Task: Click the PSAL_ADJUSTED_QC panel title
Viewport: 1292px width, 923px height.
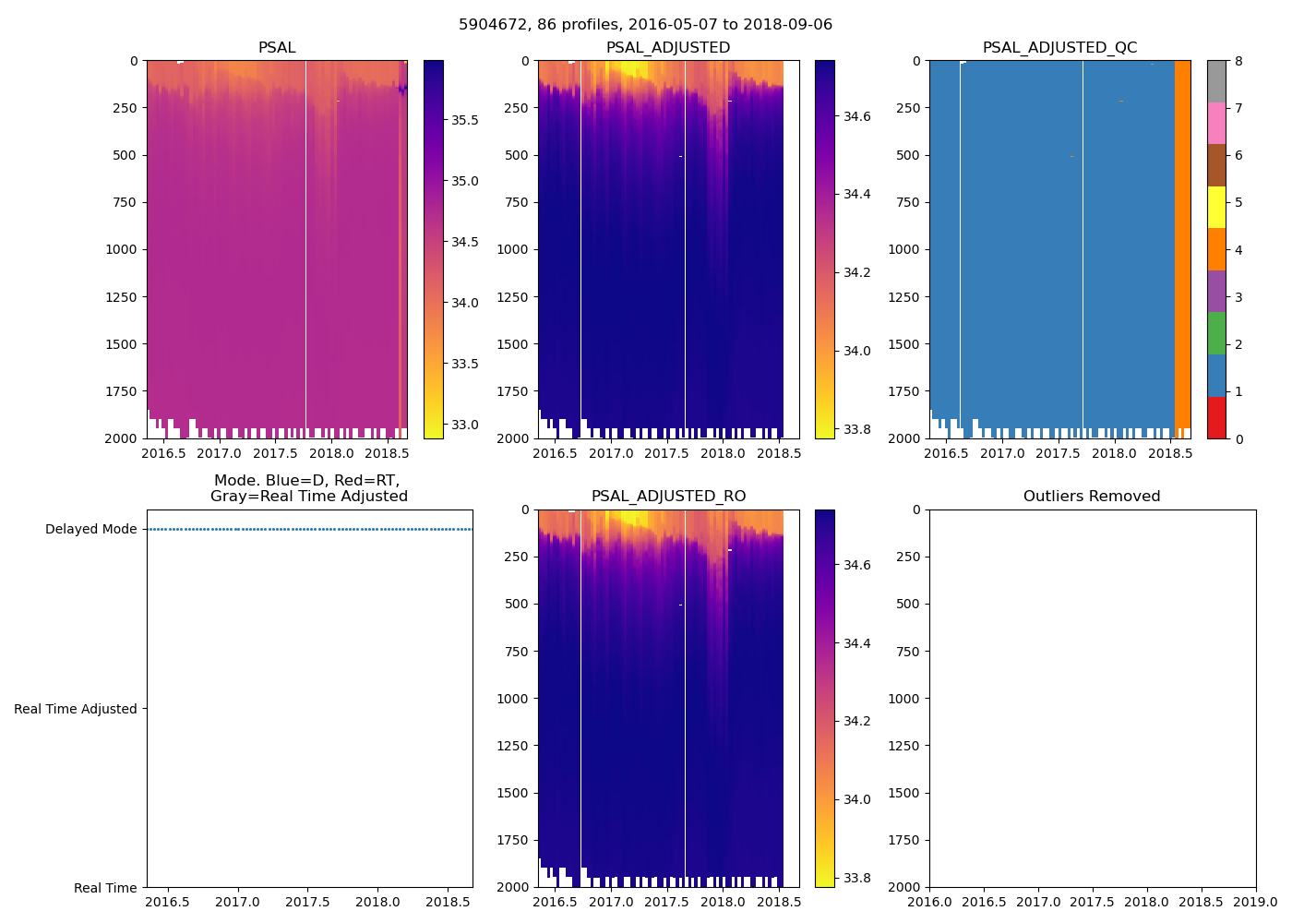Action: point(1059,48)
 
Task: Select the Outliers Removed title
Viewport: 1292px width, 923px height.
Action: point(1092,497)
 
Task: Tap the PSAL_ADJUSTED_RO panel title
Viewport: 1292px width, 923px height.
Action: point(668,497)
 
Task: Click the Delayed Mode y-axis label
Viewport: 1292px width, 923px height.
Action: point(90,530)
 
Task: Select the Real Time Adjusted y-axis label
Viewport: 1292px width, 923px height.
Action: point(76,709)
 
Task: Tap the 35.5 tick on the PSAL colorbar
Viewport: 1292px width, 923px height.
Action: point(465,121)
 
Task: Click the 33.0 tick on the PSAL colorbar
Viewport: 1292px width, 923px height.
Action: point(465,425)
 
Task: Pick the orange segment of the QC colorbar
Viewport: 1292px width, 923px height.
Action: point(1216,249)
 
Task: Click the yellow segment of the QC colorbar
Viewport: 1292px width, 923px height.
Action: point(1216,207)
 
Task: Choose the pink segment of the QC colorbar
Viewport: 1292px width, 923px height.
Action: point(1216,123)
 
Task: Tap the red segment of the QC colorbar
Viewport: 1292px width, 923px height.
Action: point(1216,417)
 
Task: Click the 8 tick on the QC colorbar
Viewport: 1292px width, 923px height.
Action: point(1238,61)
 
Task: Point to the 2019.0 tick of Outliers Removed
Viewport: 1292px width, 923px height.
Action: point(1256,902)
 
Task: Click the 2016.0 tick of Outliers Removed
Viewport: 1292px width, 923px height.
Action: point(929,902)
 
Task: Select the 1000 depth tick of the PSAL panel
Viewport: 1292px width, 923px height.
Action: point(121,249)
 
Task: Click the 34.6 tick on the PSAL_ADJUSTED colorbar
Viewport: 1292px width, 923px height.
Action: point(858,116)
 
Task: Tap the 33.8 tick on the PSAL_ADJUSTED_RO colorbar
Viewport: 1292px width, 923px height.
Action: point(858,878)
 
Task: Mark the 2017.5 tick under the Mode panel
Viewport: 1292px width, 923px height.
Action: point(308,902)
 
